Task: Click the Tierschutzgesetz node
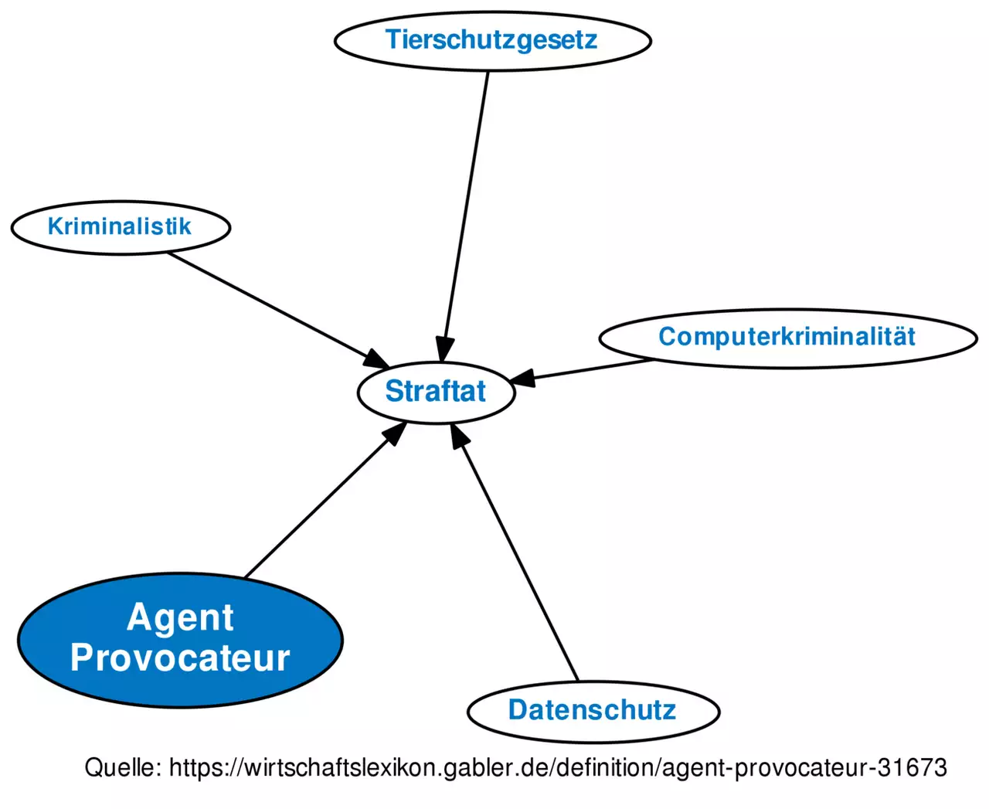492,40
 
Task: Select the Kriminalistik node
120,227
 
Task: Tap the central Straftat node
436,392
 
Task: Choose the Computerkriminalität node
787,337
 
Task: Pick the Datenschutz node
593,710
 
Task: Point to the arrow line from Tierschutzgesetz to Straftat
467,201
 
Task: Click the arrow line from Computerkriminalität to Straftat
595,369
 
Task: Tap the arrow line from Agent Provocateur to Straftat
317,506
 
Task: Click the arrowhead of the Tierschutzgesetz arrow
444,349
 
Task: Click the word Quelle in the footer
122,767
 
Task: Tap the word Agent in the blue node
180,617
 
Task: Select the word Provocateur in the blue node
180,658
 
